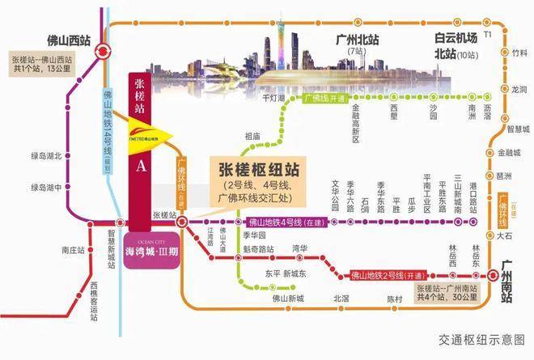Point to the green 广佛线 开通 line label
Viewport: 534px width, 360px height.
click(x=325, y=99)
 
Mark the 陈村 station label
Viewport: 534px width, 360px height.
click(x=394, y=298)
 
